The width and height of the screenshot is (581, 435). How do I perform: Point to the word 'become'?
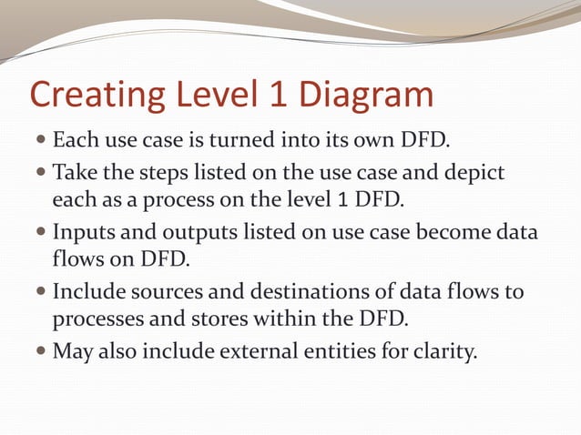tap(445, 233)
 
